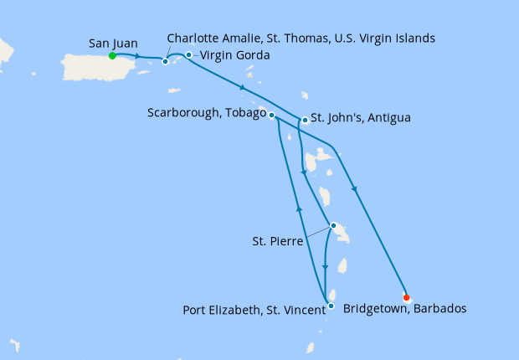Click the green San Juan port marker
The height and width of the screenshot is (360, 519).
[x=111, y=56]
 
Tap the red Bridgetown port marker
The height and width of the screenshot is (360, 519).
[x=406, y=297]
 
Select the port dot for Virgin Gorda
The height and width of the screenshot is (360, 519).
[x=189, y=55]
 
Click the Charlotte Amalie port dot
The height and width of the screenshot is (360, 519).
[x=166, y=61]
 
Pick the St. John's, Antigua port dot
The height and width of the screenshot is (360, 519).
[x=305, y=121]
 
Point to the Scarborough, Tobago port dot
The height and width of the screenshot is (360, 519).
[x=272, y=115]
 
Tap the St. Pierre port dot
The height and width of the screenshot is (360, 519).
[x=333, y=225]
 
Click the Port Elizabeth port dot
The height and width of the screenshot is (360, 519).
[x=331, y=306]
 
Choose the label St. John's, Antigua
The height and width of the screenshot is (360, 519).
[x=361, y=118]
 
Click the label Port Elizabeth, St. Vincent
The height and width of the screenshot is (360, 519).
[x=254, y=311]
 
